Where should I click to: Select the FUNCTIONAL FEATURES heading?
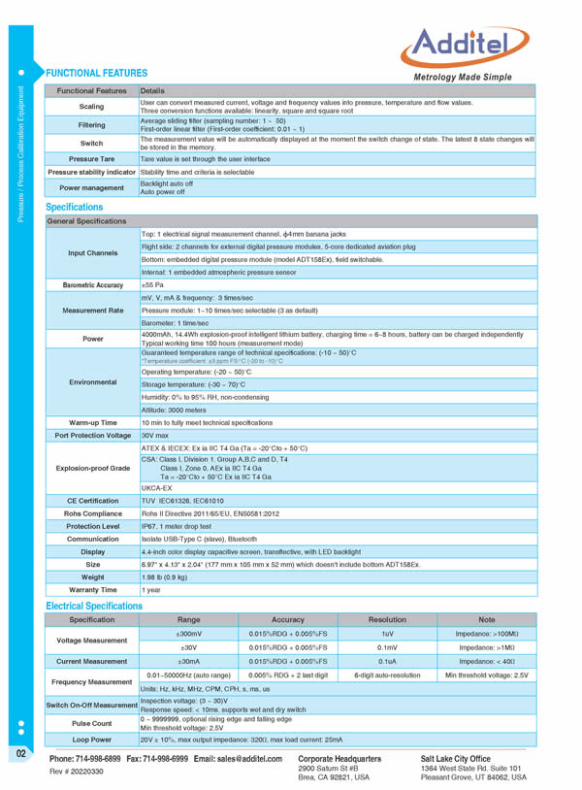click(x=97, y=73)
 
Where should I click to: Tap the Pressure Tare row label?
click(x=91, y=158)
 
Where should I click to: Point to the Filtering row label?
click(x=91, y=124)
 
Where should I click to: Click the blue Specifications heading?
click(x=75, y=207)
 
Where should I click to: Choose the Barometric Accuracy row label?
click(x=92, y=284)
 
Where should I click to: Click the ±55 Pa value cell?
click(x=153, y=284)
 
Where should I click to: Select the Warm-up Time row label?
click(x=92, y=423)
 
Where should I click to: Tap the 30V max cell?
click(x=156, y=435)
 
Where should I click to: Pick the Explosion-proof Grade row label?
click(x=92, y=467)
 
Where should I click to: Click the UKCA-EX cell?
click(x=157, y=487)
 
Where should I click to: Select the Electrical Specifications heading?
click(x=94, y=606)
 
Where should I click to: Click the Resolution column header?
click(x=387, y=619)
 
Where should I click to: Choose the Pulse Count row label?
click(x=92, y=722)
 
